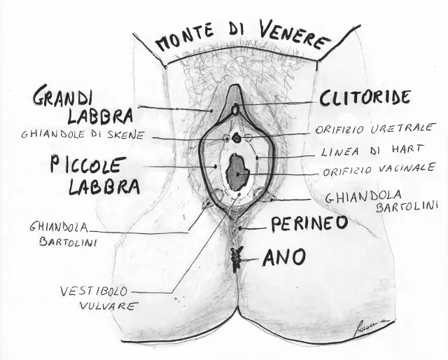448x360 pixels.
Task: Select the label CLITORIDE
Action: point(365,97)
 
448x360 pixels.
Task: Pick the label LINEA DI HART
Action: point(371,151)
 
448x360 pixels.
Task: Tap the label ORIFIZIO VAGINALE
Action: point(379,169)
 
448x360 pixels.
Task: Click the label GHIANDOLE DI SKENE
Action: point(83,134)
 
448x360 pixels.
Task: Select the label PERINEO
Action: point(309,223)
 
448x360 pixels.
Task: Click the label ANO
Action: point(284,257)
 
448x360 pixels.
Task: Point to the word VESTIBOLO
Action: point(94,291)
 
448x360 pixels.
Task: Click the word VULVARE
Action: point(107,306)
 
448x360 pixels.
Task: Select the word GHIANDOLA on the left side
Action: point(59,227)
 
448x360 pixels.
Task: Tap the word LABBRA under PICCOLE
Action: point(104,186)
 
